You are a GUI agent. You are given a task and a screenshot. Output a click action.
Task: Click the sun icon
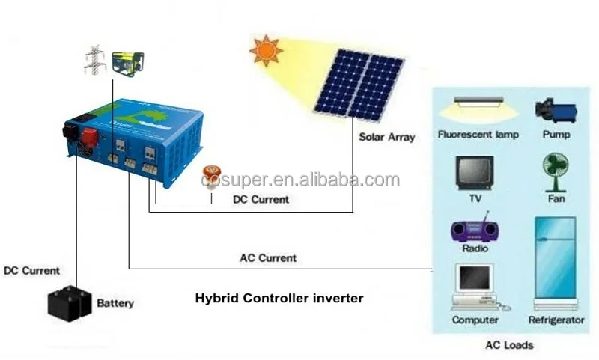click(x=267, y=51)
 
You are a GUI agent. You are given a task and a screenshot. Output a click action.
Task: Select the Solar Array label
click(x=386, y=138)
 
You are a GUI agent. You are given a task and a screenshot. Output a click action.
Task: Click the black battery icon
click(x=70, y=302)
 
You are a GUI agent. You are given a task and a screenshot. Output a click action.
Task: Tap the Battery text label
click(x=115, y=303)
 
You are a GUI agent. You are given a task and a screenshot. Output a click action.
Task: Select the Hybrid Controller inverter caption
click(x=279, y=298)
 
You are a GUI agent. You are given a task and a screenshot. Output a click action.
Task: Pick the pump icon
click(x=555, y=111)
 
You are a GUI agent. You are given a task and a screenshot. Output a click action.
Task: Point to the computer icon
click(x=475, y=288)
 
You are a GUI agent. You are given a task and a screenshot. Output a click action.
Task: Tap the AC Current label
click(x=267, y=258)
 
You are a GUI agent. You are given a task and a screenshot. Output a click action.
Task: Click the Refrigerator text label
click(x=556, y=320)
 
